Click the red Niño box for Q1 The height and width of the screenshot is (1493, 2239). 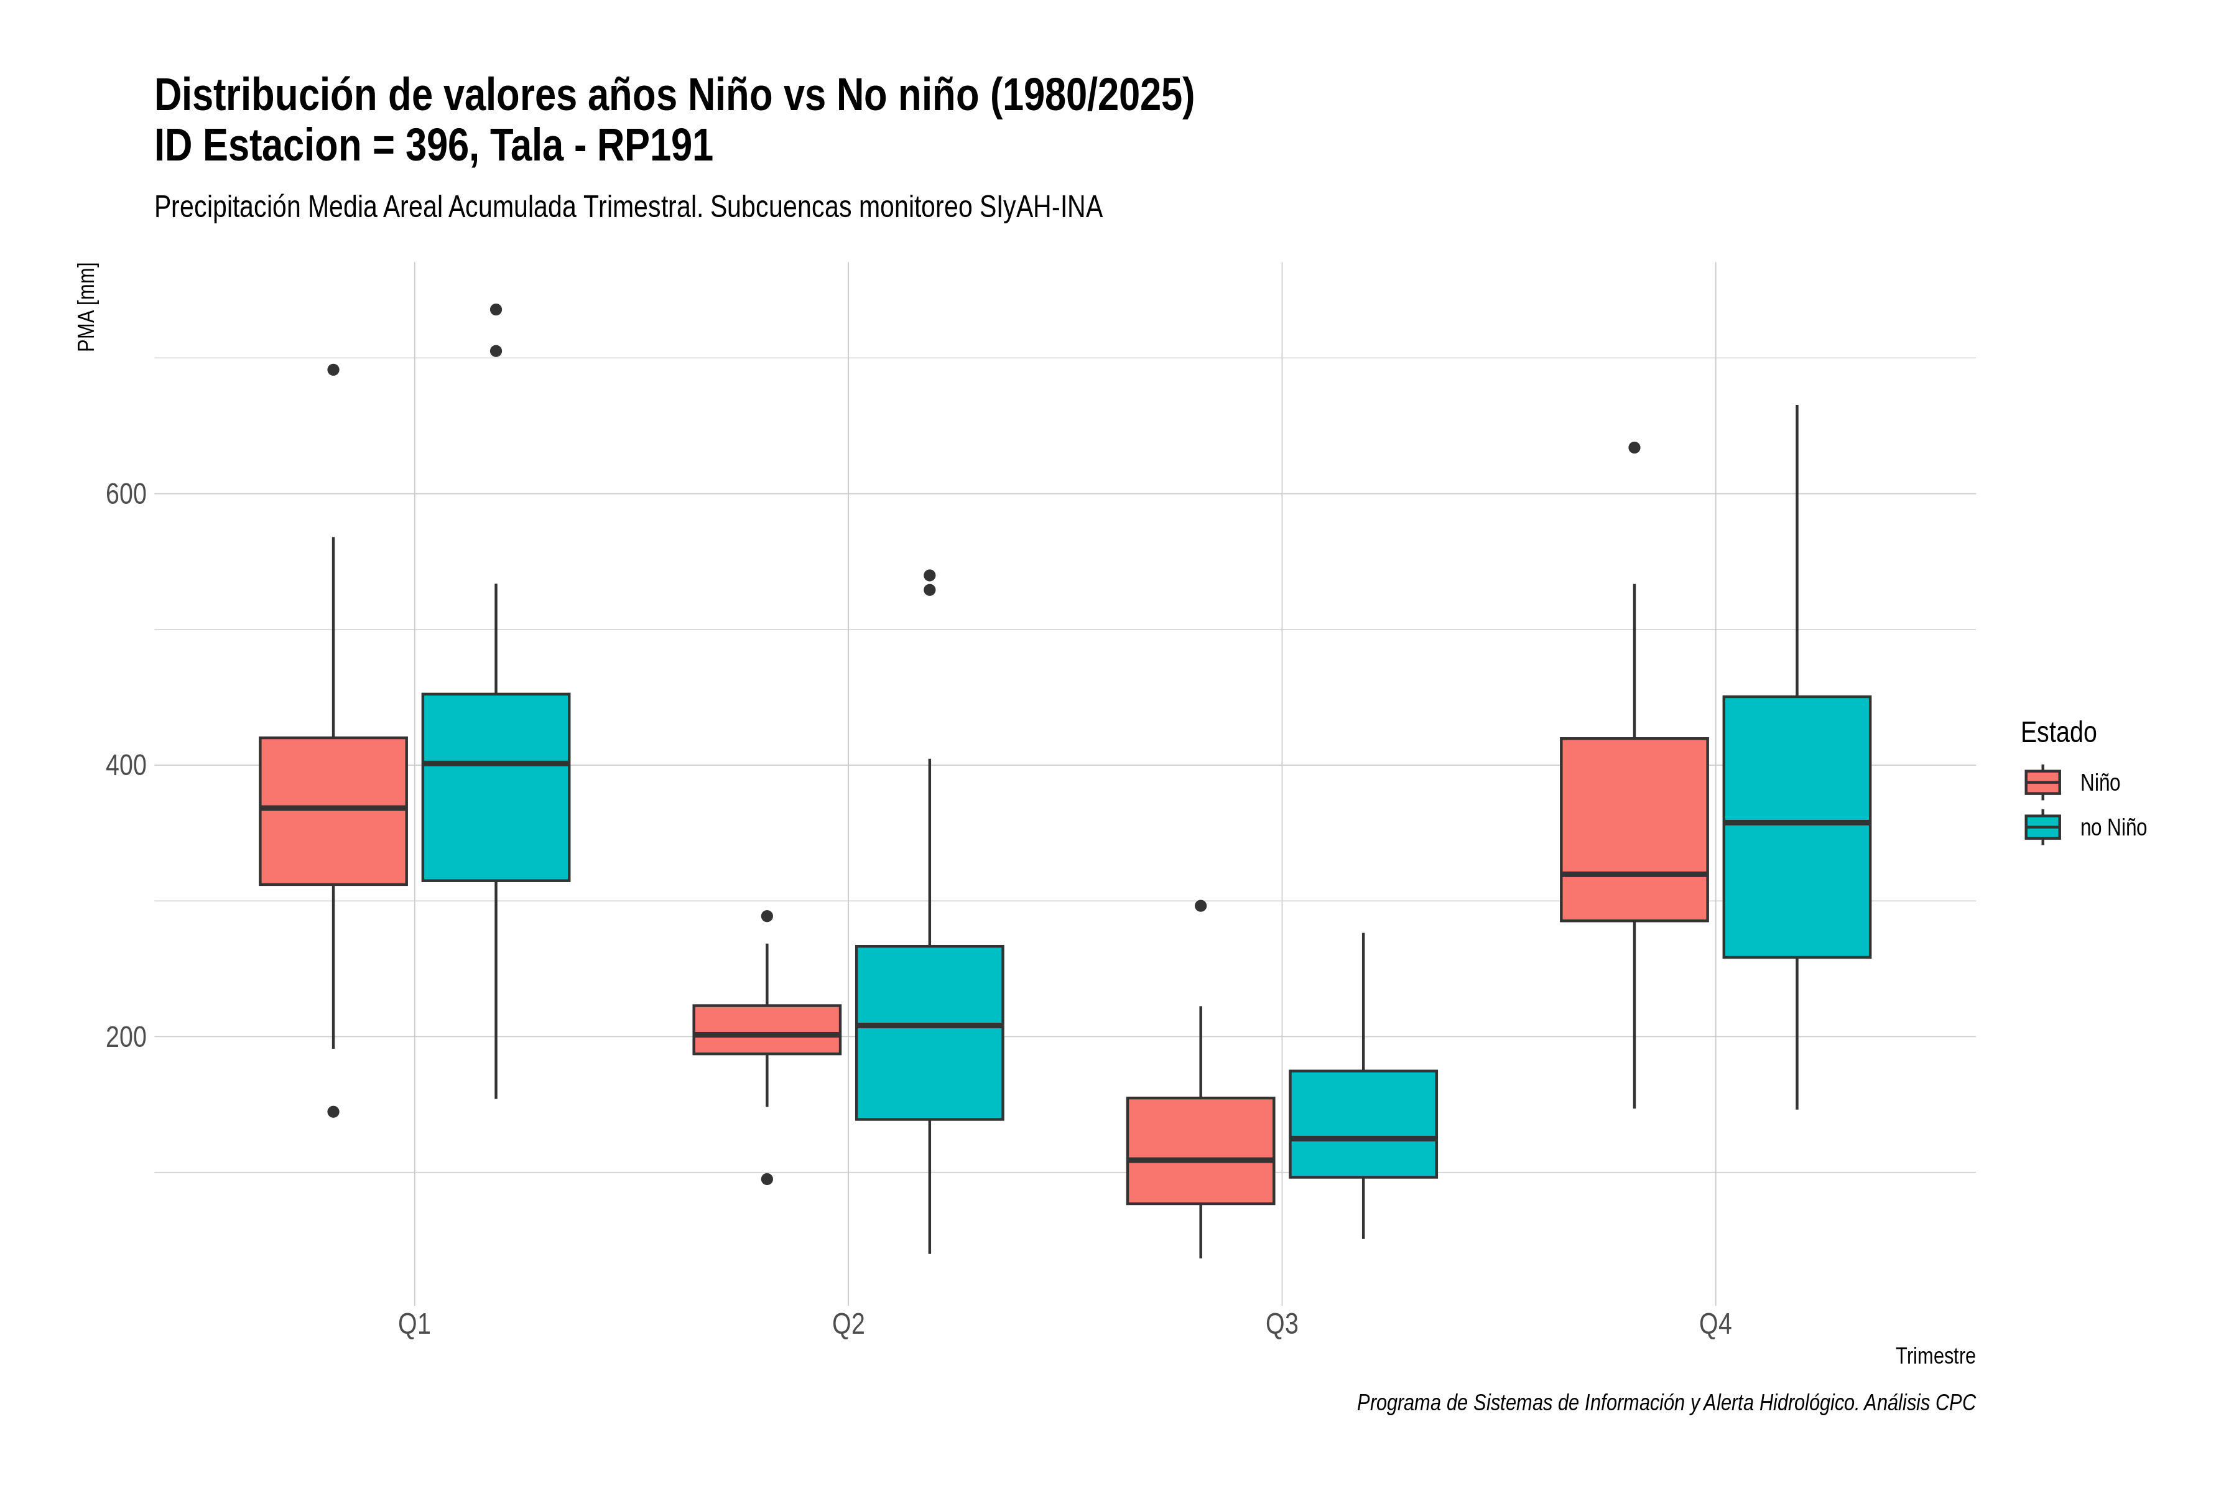click(333, 811)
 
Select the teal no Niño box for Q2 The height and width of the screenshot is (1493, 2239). click(929, 1032)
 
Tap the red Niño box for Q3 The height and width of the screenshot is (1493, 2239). click(1200, 1150)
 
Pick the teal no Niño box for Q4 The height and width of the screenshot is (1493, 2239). click(1796, 827)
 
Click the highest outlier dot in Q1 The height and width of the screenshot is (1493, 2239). click(496, 309)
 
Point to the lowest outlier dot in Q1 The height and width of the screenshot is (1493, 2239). click(333, 1111)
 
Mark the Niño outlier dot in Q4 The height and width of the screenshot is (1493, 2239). click(1634, 447)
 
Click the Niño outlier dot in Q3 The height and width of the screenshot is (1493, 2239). click(1200, 906)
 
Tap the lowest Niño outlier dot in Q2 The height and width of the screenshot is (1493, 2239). click(767, 1179)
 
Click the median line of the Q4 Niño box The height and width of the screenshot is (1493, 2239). click(1634, 874)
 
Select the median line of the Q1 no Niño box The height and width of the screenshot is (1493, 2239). click(496, 763)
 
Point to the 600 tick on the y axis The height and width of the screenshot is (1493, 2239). click(126, 494)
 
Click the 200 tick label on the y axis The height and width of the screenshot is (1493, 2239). click(126, 1037)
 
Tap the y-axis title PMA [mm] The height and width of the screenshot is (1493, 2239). click(86, 307)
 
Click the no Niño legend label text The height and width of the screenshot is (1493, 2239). click(2113, 827)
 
